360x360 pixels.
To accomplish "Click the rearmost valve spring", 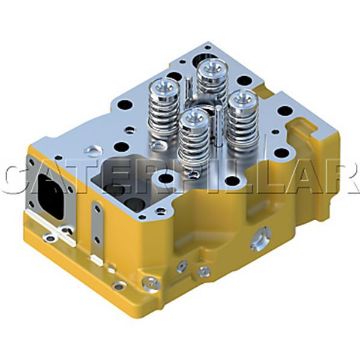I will pyautogui.click(x=212, y=79).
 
